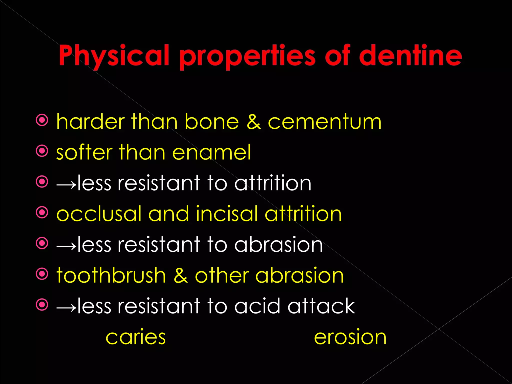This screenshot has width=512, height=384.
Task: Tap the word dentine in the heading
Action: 410,55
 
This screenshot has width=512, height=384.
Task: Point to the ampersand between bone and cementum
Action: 253,122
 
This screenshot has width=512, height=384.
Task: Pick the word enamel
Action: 211,152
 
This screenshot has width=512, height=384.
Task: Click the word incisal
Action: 226,214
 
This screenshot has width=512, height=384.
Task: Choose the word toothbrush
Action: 111,275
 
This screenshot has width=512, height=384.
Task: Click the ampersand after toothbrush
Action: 180,275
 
